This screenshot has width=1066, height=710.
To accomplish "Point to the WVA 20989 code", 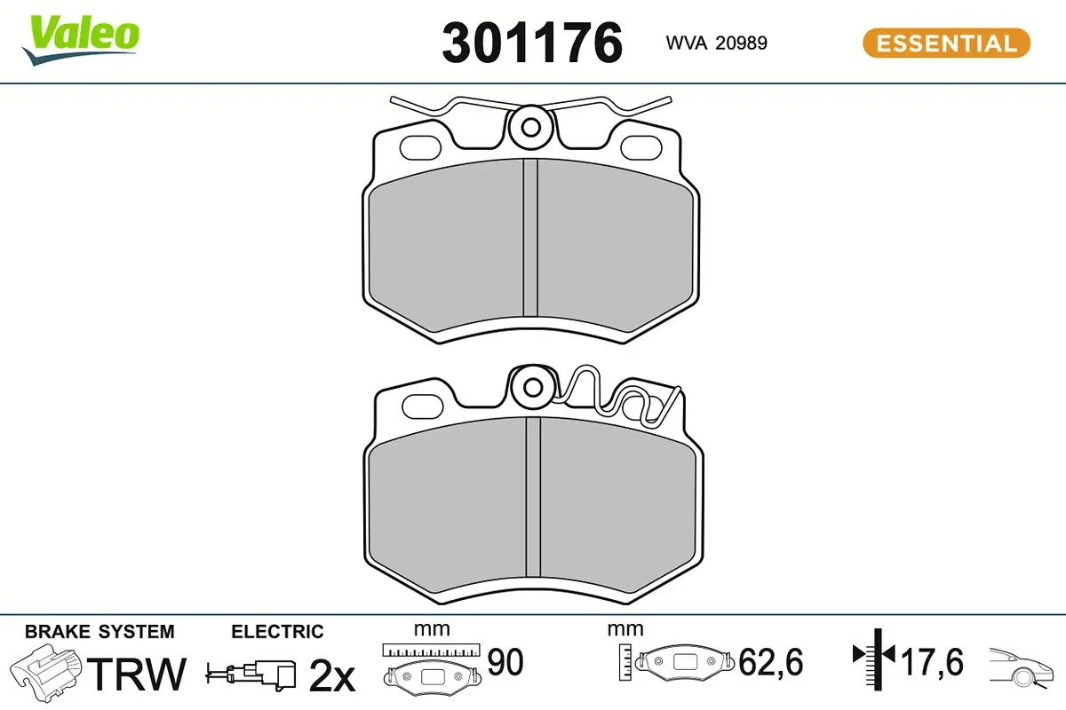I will pos(716,43).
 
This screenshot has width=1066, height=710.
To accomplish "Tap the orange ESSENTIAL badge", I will pos(946,43).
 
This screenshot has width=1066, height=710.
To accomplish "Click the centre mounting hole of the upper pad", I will pos(531,127).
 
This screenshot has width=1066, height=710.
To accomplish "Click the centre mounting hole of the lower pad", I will pos(533,387).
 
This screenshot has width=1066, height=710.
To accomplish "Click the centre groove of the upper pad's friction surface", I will pos(530,238).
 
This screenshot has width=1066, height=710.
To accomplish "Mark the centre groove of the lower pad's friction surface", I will pos(533,497).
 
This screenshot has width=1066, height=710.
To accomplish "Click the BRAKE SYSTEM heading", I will pos(99,632).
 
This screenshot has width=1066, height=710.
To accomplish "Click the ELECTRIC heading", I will pos(277,632).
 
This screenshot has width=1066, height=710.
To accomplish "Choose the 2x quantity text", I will pos(331,676).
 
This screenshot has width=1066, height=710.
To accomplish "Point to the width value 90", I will pos(505,663).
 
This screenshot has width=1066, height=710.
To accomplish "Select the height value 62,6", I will pos(771,663).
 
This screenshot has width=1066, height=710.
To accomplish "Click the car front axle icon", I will pos(1022,666).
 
